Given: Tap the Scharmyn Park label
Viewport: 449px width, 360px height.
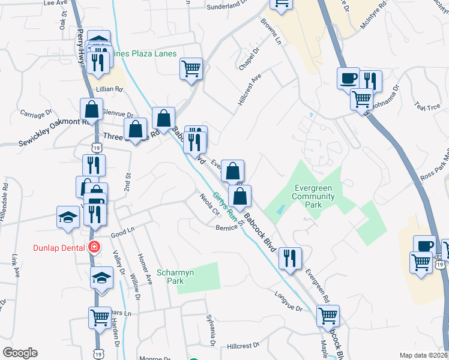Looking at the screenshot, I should pyautogui.click(x=175, y=277).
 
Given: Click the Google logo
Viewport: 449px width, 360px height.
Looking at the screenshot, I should pyautogui.click(x=20, y=353).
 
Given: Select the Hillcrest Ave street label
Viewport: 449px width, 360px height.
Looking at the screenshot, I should pyautogui.click(x=250, y=91).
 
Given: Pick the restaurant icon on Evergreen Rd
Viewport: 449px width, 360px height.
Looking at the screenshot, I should pyautogui.click(x=290, y=258).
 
